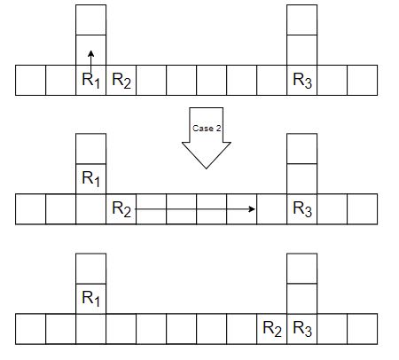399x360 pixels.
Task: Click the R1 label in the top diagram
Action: coord(90,80)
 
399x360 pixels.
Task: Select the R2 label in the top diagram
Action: coord(121,80)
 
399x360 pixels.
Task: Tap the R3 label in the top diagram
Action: coord(302,80)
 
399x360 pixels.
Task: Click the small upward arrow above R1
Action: coord(90,61)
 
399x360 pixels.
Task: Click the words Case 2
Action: coord(207,129)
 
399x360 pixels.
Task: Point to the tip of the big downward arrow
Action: coord(206,168)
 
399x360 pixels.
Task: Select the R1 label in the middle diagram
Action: coord(90,178)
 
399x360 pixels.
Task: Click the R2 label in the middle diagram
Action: coord(121,209)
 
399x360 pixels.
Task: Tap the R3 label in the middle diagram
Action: coord(302,209)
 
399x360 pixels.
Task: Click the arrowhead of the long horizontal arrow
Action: coord(252,209)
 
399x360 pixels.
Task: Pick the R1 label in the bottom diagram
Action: coord(90,298)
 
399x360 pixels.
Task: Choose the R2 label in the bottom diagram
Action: coord(272,329)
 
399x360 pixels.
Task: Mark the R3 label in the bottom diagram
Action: coord(302,329)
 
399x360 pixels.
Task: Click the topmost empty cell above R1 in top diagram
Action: coord(90,20)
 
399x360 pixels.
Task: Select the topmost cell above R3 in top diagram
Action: coord(302,20)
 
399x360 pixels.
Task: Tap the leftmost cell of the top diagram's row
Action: coord(30,80)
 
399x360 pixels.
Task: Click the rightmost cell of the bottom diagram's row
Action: coord(363,329)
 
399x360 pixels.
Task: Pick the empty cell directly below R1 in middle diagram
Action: coord(90,209)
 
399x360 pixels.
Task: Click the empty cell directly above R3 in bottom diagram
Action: coord(302,299)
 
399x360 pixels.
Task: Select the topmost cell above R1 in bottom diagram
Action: coord(90,269)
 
